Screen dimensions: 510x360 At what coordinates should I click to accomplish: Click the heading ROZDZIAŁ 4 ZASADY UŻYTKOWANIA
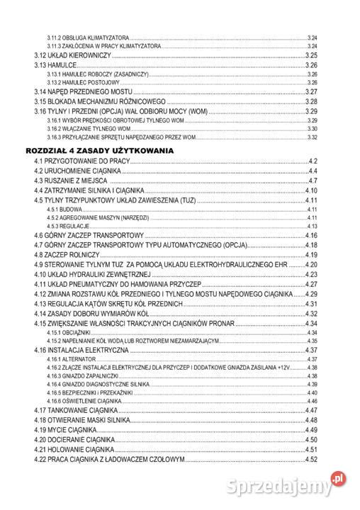pyautogui.click(x=99, y=152)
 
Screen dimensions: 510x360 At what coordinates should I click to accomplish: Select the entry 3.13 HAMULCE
pyautogui.click(x=56, y=64)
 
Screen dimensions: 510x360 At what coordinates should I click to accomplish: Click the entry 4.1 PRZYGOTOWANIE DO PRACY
pyautogui.click(x=82, y=163)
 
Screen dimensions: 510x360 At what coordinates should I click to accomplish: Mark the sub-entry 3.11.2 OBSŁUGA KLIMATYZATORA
pyautogui.click(x=88, y=37)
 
